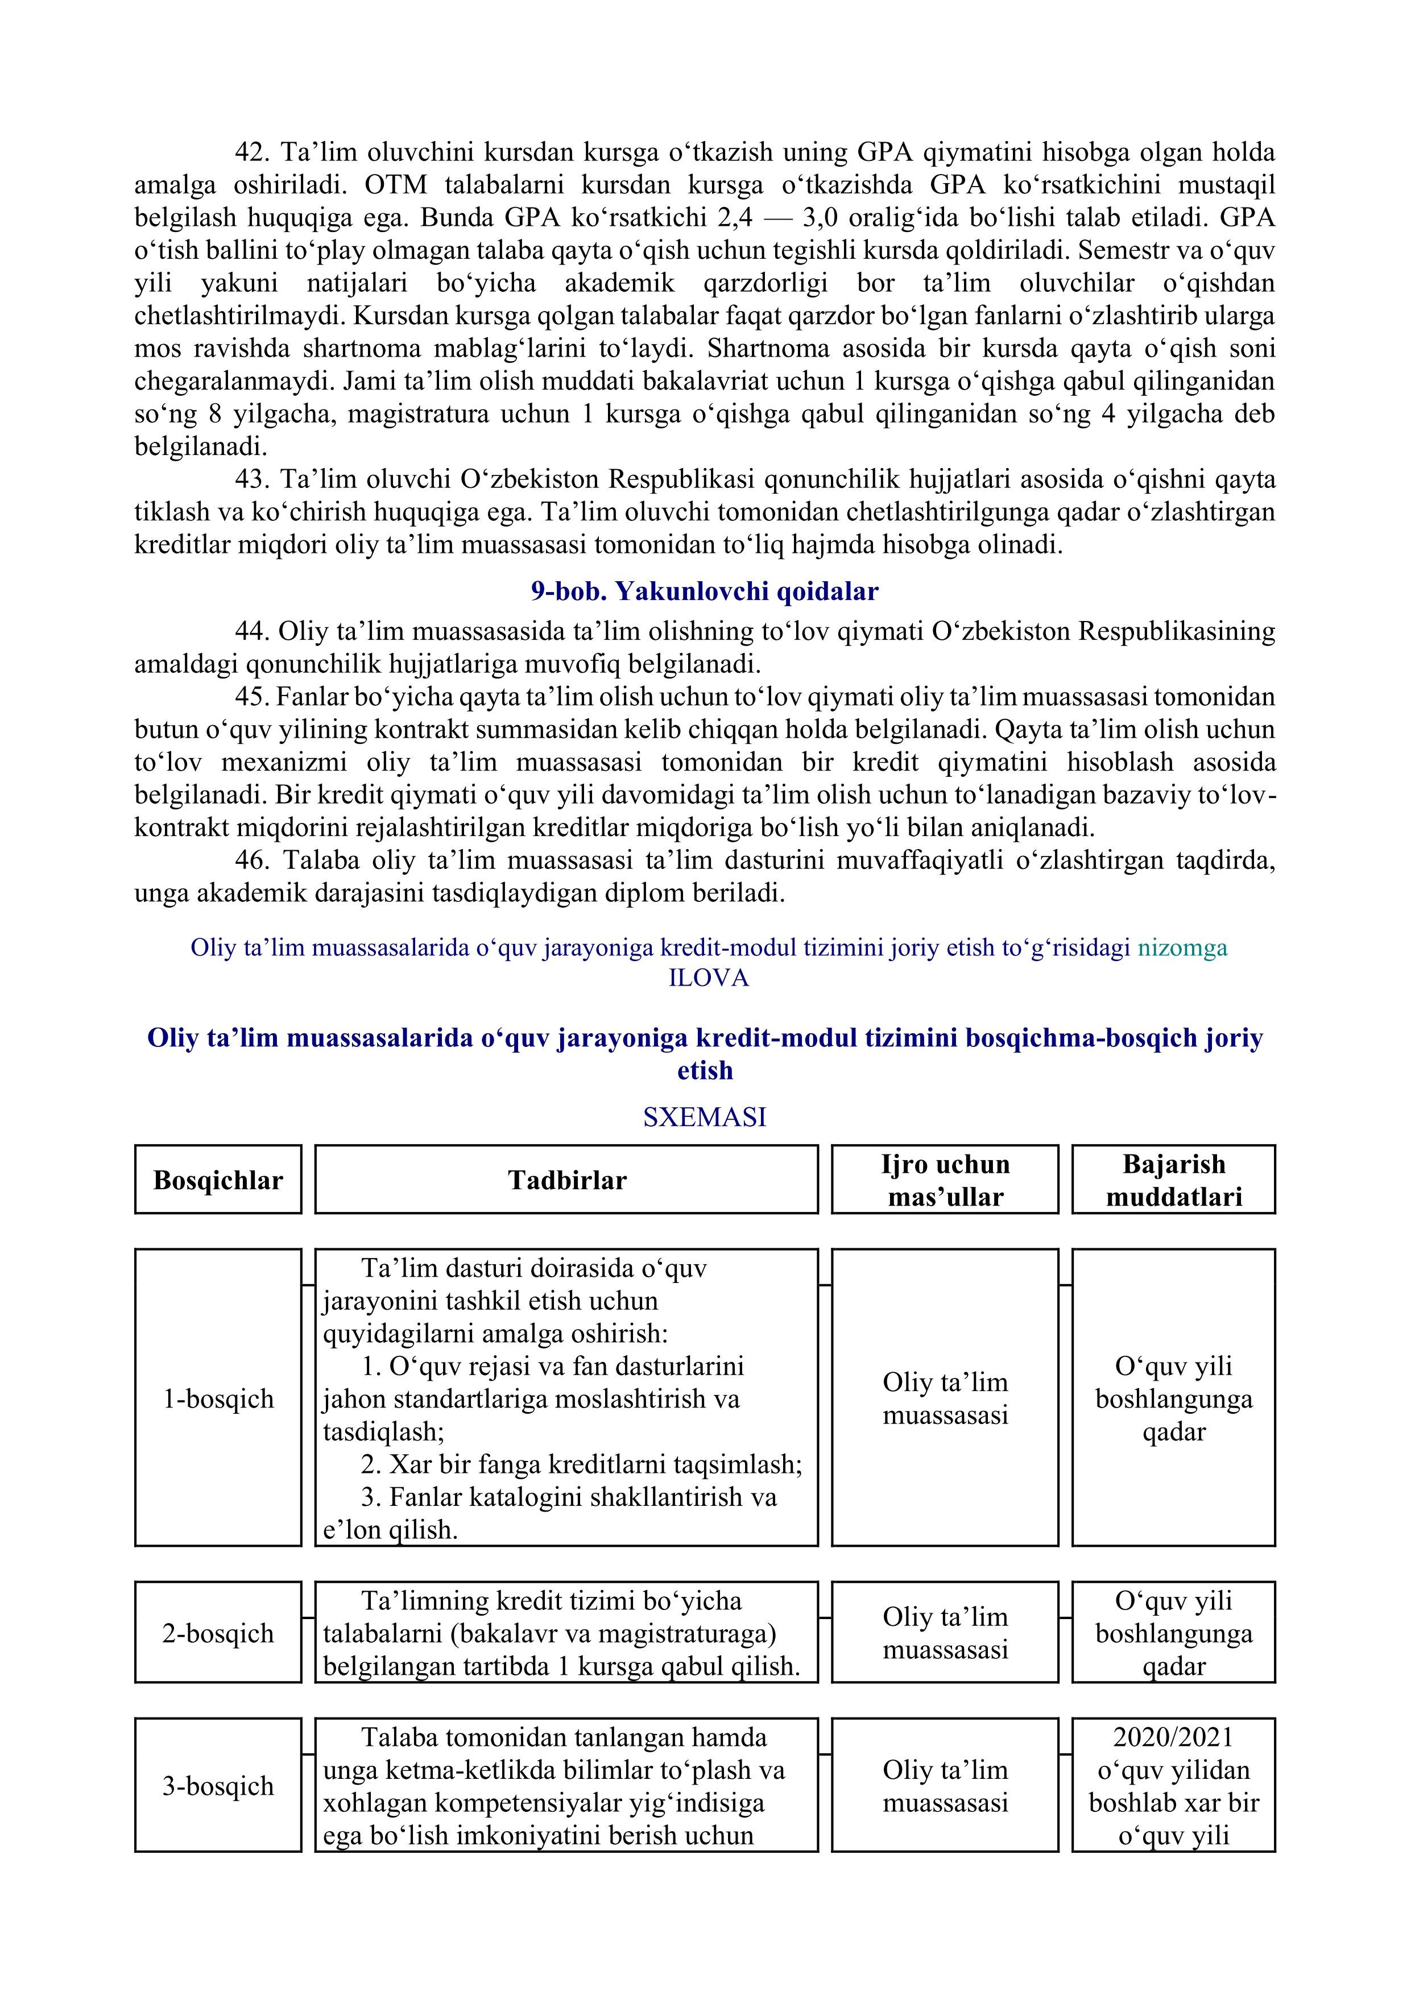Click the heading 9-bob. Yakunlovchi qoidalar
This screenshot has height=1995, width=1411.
pos(705,591)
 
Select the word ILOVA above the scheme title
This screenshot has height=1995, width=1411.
pos(708,978)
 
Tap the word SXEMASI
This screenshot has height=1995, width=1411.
pos(705,1116)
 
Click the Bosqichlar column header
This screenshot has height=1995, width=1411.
pos(218,1180)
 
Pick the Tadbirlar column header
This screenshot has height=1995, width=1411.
pos(566,1180)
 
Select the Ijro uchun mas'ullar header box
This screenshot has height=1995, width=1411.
pos(945,1180)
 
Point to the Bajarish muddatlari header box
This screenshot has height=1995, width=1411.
pos(1174,1180)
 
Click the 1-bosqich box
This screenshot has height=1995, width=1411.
pos(218,1399)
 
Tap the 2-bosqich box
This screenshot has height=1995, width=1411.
pos(218,1633)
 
